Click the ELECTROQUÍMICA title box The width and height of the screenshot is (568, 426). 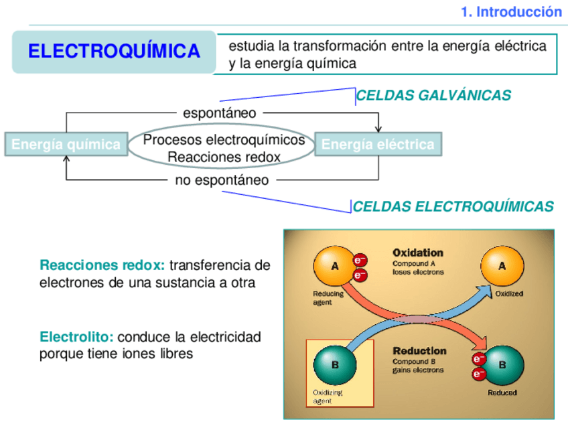114,52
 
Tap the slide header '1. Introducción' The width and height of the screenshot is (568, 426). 512,11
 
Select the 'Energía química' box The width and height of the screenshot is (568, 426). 66,144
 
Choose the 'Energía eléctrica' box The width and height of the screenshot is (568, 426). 378,144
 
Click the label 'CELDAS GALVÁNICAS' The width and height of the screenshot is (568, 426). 433,96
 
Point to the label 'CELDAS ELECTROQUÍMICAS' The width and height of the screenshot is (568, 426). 453,206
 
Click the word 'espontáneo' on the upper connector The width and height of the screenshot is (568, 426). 220,113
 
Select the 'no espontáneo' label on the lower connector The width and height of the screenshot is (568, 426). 222,180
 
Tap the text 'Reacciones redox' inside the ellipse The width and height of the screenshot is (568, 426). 224,157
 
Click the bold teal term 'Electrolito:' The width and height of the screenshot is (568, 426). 76,336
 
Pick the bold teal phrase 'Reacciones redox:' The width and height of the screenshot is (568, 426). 102,265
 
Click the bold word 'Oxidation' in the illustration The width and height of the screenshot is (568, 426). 417,253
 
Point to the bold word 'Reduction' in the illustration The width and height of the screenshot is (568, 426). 419,351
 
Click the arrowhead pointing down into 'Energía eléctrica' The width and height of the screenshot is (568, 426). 378,129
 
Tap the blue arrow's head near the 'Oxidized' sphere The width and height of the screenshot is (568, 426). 483,290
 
